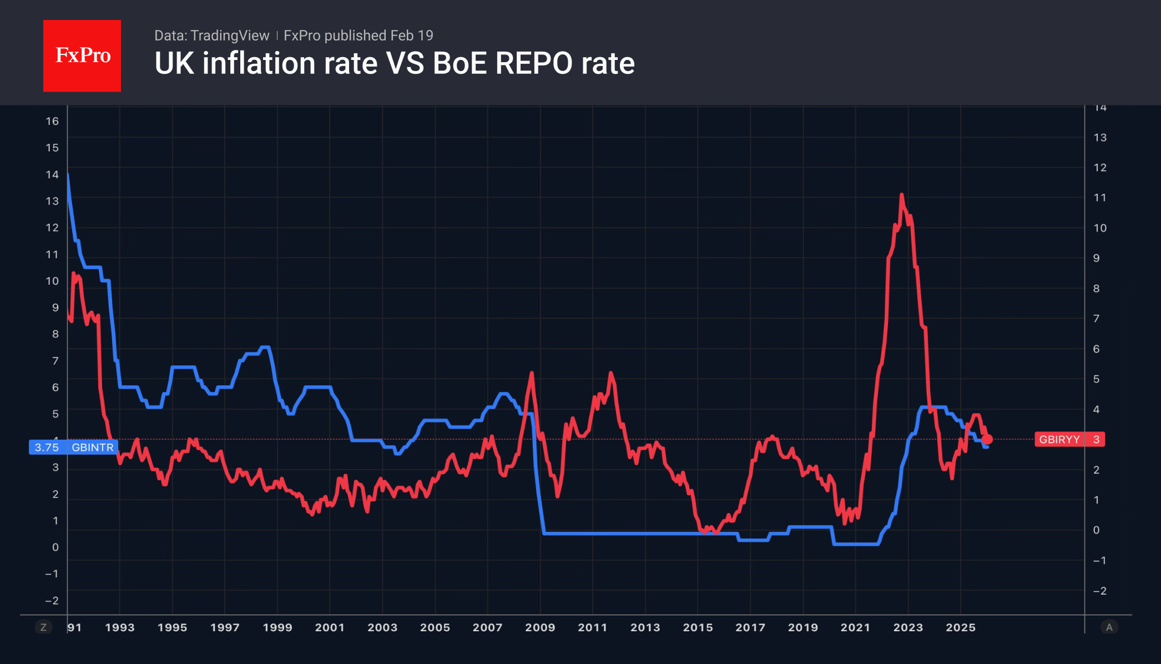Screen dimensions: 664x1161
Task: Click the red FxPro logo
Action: point(82,56)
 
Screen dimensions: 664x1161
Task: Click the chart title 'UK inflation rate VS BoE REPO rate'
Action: point(395,63)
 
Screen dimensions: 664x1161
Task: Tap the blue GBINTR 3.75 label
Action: point(73,447)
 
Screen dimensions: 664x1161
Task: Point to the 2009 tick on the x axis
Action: point(540,627)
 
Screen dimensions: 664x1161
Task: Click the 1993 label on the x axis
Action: point(120,627)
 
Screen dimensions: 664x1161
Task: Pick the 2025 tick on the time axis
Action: point(961,627)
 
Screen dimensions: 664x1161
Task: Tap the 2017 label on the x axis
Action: point(750,627)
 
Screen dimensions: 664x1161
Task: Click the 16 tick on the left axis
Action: point(52,121)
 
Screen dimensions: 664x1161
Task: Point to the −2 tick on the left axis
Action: point(52,601)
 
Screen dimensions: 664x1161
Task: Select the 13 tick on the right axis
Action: point(1100,137)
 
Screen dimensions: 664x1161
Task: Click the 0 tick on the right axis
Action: point(1096,530)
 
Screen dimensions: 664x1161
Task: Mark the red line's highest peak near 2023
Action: point(901,194)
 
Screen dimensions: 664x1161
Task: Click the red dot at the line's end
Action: point(987,440)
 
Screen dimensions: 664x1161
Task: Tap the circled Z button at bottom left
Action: point(43,627)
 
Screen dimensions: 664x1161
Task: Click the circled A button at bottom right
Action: point(1109,627)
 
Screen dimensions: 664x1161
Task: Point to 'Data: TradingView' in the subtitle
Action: point(211,36)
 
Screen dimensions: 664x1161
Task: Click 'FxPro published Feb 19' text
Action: point(359,36)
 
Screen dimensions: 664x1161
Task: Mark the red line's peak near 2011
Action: point(610,373)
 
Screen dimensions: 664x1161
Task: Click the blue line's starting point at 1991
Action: point(68,174)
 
